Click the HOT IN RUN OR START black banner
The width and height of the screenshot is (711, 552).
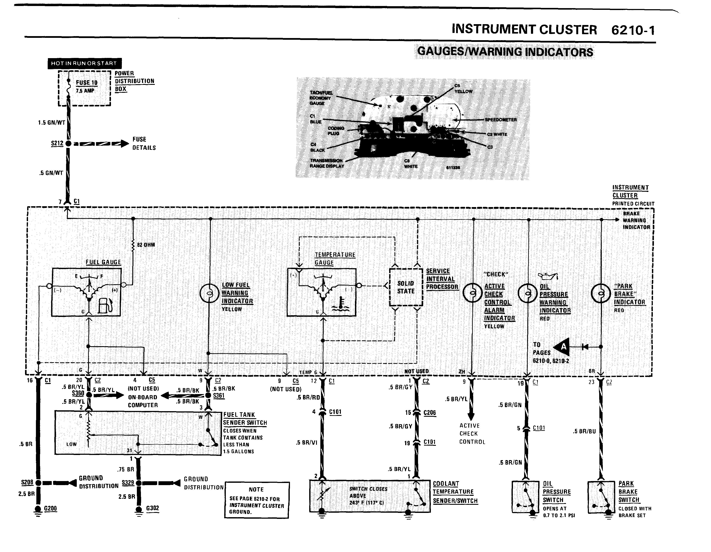click(84, 63)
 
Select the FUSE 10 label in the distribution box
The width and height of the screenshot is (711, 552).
click(87, 83)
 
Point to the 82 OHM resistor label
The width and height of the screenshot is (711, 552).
click(146, 245)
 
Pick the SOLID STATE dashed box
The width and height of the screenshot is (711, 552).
click(406, 287)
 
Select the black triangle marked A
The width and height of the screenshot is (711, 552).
click(562, 347)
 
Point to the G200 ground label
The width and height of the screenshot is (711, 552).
click(50, 508)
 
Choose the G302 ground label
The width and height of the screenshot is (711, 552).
click(152, 508)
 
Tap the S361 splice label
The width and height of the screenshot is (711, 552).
click(219, 396)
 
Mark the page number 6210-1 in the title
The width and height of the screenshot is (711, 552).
click(633, 30)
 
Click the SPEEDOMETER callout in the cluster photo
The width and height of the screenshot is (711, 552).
click(501, 120)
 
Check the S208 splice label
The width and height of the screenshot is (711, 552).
click(27, 482)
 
